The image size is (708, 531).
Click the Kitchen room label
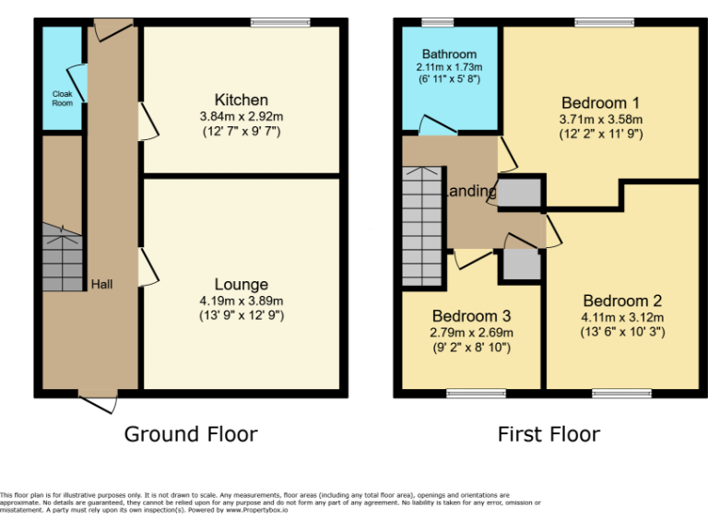(x=241, y=100)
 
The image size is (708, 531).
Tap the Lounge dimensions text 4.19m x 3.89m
(x=242, y=301)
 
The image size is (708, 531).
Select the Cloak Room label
(x=62, y=98)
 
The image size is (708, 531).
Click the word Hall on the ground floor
(x=101, y=285)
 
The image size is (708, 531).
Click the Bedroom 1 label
(x=600, y=102)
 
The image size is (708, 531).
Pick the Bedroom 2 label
(x=622, y=301)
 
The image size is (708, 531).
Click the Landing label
(x=470, y=192)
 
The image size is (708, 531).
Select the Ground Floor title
(x=191, y=433)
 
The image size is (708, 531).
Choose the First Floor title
(x=549, y=433)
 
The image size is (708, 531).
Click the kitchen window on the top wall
(x=268, y=22)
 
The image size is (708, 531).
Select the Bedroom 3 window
(x=476, y=394)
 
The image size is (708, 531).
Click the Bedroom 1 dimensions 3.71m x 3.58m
(x=600, y=119)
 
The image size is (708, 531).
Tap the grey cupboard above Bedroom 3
(x=521, y=264)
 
